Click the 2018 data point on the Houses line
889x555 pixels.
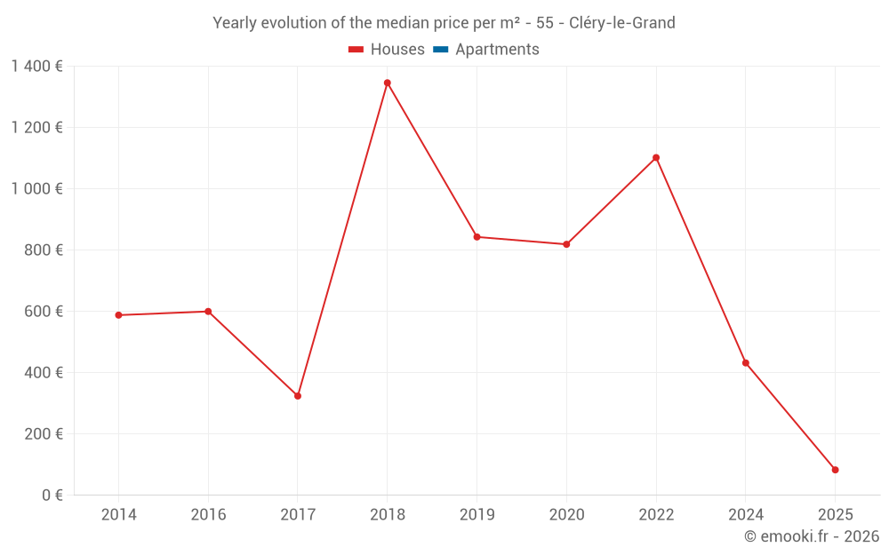(387, 83)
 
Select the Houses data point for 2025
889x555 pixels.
(835, 470)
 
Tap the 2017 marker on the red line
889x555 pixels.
(298, 396)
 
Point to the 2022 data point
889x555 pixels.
(656, 158)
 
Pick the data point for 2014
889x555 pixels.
(118, 315)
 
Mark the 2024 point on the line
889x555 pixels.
(745, 363)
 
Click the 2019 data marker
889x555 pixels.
(477, 237)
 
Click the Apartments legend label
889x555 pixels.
(497, 50)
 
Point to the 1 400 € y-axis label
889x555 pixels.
(36, 66)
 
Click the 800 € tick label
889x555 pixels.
(45, 250)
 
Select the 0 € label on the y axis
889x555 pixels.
(52, 496)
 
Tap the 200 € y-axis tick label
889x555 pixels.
(45, 434)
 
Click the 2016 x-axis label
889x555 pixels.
(208, 515)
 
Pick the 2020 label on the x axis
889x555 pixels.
(566, 515)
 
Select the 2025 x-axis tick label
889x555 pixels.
(835, 515)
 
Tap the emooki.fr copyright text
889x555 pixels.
(812, 536)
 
